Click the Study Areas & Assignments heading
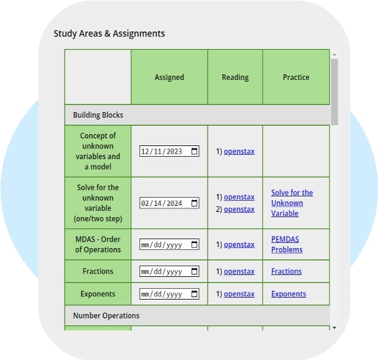109,33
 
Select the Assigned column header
169,77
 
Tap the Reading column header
235,77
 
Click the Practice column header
296,77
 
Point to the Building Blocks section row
98,115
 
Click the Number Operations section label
106,315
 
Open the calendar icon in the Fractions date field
194,271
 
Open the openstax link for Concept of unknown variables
239,151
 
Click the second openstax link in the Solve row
239,209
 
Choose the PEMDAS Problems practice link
287,244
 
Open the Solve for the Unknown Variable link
292,203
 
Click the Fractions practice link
287,271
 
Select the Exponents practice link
289,294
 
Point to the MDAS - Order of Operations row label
98,244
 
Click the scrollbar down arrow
334,327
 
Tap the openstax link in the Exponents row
239,294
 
